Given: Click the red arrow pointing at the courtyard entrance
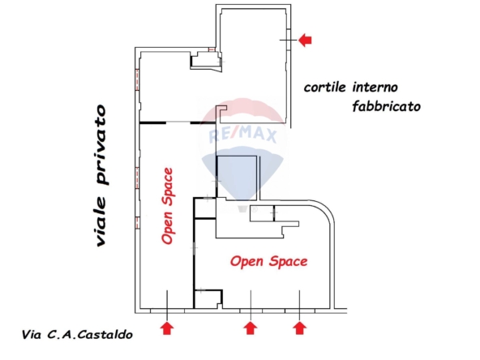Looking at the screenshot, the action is click(305, 40).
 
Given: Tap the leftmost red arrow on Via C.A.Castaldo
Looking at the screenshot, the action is click(167, 328).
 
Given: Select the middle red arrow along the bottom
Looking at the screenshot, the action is click(251, 328).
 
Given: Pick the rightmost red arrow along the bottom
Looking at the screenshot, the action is click(299, 328).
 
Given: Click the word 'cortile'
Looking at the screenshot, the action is click(325, 88).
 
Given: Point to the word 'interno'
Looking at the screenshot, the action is click(375, 88).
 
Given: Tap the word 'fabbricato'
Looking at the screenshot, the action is click(386, 106).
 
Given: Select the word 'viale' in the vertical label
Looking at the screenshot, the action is click(101, 221).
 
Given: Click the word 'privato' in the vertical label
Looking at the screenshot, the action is click(101, 145).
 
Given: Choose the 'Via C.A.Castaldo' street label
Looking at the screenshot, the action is click(77, 335).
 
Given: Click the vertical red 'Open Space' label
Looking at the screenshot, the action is click(168, 206).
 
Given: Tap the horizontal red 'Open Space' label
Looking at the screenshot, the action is click(268, 262).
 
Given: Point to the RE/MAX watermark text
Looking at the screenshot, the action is click(242, 135).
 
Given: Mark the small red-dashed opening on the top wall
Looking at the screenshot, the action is click(212, 49).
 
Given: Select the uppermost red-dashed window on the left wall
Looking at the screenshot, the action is click(137, 79).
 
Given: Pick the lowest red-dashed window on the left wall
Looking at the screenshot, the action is click(138, 222).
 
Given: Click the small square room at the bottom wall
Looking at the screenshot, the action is click(208, 298).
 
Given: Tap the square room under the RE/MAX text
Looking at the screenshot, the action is click(236, 178).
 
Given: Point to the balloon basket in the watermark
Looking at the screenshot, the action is click(242, 208).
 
